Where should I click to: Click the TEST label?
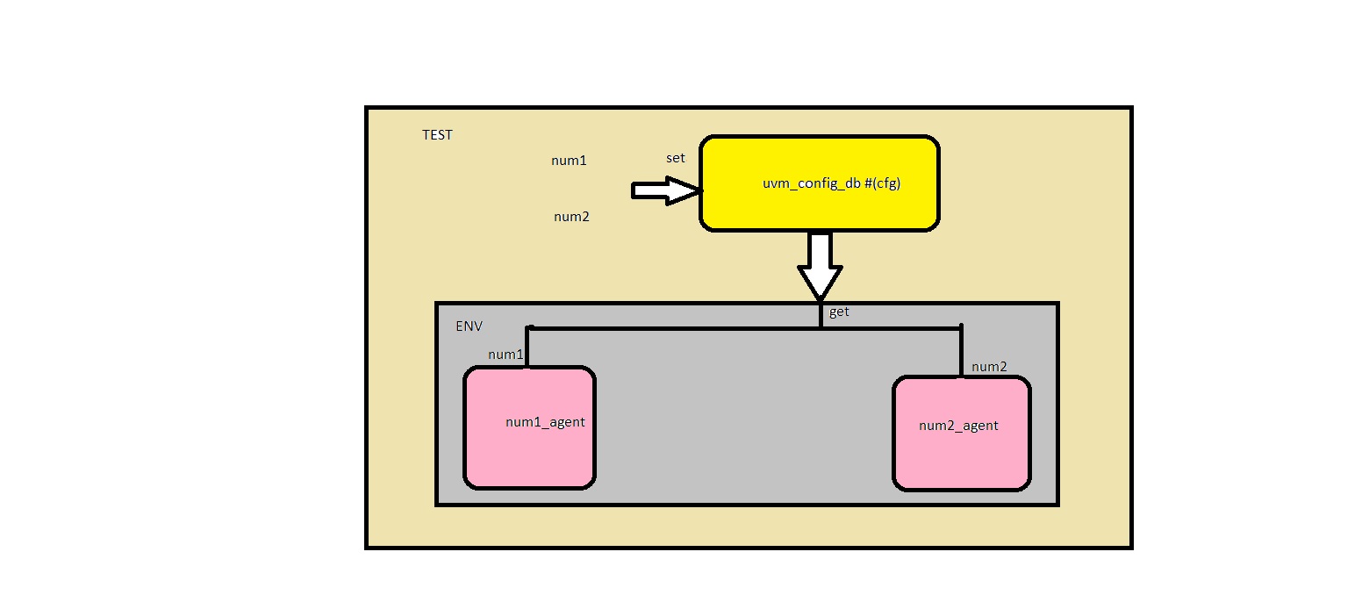pyautogui.click(x=437, y=135)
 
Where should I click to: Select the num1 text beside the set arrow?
pyautogui.click(x=568, y=161)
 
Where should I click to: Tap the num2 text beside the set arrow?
pyautogui.click(x=571, y=217)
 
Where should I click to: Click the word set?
pyautogui.click(x=675, y=159)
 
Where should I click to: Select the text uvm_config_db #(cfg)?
pyautogui.click(x=831, y=184)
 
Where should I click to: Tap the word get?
pyautogui.click(x=839, y=312)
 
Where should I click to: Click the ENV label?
pyautogui.click(x=469, y=326)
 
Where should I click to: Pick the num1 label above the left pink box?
pyautogui.click(x=505, y=355)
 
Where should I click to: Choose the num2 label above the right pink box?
pyautogui.click(x=989, y=367)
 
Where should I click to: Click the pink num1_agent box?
pyautogui.click(x=529, y=456)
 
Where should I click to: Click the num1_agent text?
pyautogui.click(x=545, y=422)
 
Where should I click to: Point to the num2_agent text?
pyautogui.click(x=958, y=426)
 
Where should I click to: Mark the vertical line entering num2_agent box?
pyautogui.click(x=961, y=351)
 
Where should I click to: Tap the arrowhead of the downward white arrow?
pyautogui.click(x=819, y=283)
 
